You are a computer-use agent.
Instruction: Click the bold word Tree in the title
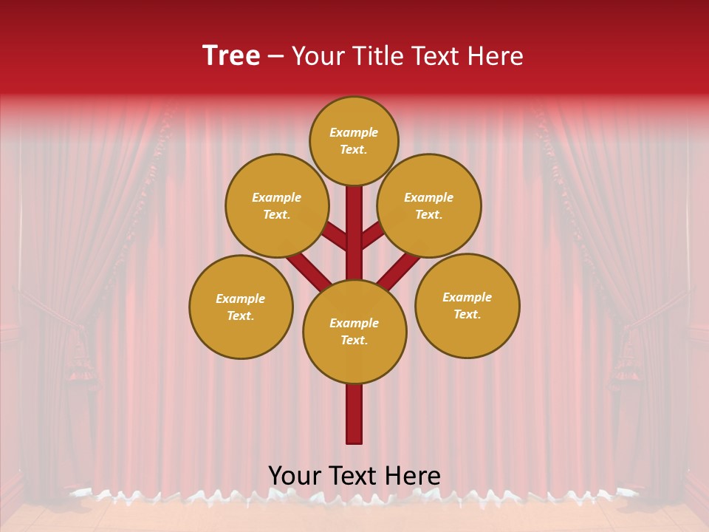pos(231,56)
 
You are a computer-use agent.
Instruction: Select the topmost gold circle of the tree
pos(354,140)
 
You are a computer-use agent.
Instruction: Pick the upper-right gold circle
pos(429,205)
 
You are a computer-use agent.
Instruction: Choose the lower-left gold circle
pos(241,307)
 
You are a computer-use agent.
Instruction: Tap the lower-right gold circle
pos(467,305)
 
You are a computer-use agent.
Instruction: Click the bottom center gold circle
pos(354,331)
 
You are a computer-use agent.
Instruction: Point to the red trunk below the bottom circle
pos(354,414)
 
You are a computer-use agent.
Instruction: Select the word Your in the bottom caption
pos(294,476)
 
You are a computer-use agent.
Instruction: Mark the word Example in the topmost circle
pos(354,132)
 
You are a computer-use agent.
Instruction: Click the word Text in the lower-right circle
pos(467,314)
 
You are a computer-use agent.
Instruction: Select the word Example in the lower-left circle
pos(241,299)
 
